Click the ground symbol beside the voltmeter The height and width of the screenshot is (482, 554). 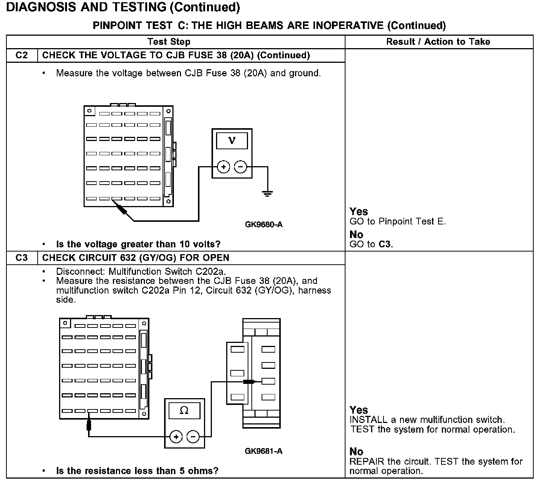pyautogui.click(x=268, y=194)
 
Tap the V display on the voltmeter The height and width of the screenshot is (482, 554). pyautogui.click(x=232, y=141)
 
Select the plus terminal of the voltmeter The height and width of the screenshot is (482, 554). pyautogui.click(x=223, y=167)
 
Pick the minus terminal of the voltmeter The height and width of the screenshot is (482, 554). pyautogui.click(x=241, y=167)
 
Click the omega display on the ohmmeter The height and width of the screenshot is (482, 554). pyautogui.click(x=184, y=410)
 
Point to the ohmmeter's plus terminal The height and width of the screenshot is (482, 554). pyautogui.click(x=176, y=437)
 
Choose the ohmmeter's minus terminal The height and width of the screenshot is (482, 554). pyautogui.click(x=193, y=437)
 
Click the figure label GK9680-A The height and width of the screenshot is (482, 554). pyautogui.click(x=263, y=224)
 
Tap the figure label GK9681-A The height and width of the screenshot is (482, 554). pyautogui.click(x=263, y=451)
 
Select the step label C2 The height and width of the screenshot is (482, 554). pyautogui.click(x=22, y=55)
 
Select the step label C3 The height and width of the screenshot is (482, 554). pyautogui.click(x=22, y=258)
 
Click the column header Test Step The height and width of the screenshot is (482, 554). pyautogui.click(x=169, y=42)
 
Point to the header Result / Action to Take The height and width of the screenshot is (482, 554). pyautogui.click(x=438, y=42)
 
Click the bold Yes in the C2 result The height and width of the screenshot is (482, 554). pyautogui.click(x=359, y=211)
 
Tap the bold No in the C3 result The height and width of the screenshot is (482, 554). pyautogui.click(x=356, y=451)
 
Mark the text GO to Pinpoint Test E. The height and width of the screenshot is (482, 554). pyautogui.click(x=397, y=221)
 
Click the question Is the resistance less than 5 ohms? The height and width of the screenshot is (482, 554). pyautogui.click(x=137, y=470)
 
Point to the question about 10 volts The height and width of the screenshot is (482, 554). pyautogui.click(x=138, y=244)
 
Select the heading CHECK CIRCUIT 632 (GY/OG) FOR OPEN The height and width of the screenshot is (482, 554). pyautogui.click(x=135, y=258)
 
